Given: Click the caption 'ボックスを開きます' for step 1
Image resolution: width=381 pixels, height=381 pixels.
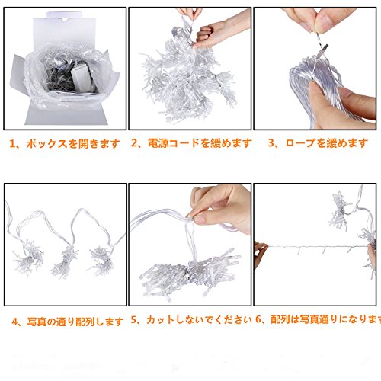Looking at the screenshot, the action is pyautogui.click(x=73, y=144).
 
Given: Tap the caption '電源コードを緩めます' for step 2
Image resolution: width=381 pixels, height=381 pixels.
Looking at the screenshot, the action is pyautogui.click(x=200, y=143).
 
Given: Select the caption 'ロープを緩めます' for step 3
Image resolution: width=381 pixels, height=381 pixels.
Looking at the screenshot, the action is pyautogui.click(x=326, y=143).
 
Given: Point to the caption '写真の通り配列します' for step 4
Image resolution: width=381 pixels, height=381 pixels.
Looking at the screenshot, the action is pyautogui.click(x=75, y=322).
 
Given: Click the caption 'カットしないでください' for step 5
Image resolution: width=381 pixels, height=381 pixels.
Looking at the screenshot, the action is pyautogui.click(x=199, y=319).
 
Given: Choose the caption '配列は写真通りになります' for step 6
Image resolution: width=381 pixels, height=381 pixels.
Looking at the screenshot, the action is pyautogui.click(x=326, y=319).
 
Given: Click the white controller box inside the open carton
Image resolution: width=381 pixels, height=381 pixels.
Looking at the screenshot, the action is pyautogui.click(x=82, y=78).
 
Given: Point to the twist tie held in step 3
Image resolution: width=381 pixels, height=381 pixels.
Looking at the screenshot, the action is pyautogui.click(x=319, y=48).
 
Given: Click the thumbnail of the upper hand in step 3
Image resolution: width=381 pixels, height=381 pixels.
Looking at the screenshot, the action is pyautogui.click(x=325, y=21).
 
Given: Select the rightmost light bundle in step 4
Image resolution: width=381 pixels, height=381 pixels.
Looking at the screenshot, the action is pyautogui.click(x=101, y=261).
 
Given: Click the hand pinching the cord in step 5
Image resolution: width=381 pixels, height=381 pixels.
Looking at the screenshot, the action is pyautogui.click(x=219, y=207).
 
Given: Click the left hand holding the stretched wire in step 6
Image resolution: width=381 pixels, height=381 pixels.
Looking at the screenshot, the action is pyautogui.click(x=260, y=254).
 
